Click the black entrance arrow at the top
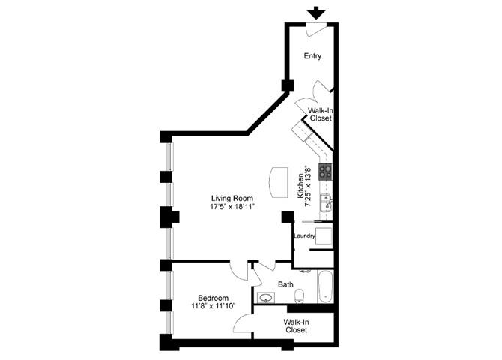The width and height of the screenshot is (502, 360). [x=316, y=12]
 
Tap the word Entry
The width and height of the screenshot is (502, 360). [x=313, y=56]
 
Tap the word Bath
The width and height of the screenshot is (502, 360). [x=285, y=284]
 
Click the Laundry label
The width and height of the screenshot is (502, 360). [x=303, y=235]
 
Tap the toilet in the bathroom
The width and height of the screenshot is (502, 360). [x=299, y=293]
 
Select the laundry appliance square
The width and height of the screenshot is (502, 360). [x=324, y=236]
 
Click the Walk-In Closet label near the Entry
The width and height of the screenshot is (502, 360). [x=320, y=114]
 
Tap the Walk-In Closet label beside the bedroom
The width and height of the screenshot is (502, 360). [x=294, y=325]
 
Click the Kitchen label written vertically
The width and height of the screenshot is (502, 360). [x=303, y=187]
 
